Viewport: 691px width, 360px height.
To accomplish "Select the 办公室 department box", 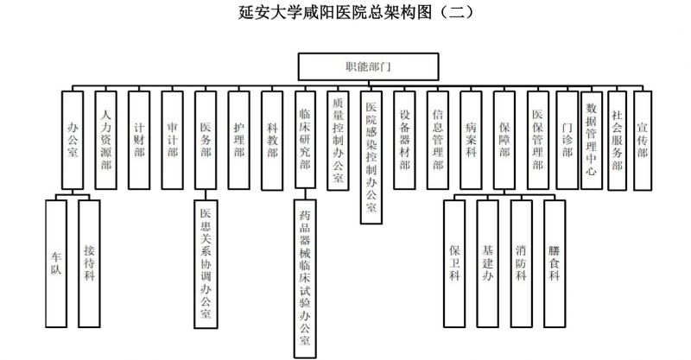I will coord(73,137).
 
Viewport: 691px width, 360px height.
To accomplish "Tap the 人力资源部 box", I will coord(105,137).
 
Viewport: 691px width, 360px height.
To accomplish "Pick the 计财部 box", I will coord(139,137).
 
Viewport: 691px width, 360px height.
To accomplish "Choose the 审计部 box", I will coord(172,137).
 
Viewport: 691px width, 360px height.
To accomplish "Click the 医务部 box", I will coord(206,137).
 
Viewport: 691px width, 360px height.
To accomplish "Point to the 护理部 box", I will coord(238,137).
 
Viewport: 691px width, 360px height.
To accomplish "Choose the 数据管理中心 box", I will coord(591,137).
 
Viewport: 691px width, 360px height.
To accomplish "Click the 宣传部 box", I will coord(642,137).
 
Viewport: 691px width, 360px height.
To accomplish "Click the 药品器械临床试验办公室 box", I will coord(304,276).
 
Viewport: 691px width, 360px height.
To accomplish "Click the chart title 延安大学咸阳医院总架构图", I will coord(345,15).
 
